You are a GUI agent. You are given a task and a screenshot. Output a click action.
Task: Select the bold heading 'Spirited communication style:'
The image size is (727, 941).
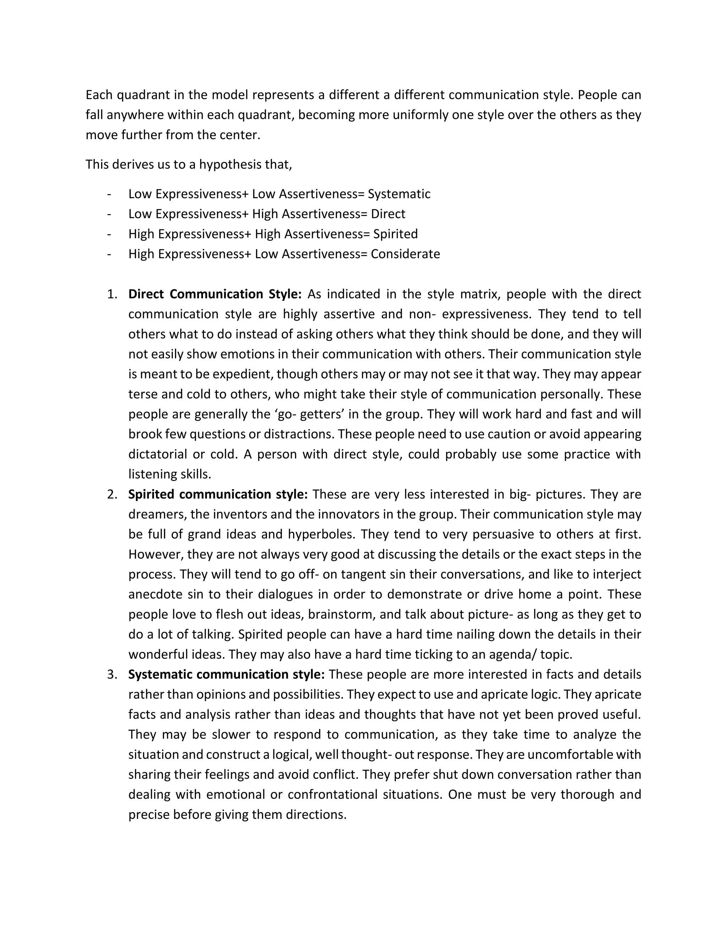tap(218, 494)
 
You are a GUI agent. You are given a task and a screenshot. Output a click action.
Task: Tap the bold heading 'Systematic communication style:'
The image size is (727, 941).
tap(226, 674)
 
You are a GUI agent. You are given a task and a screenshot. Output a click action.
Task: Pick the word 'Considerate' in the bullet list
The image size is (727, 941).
tap(405, 254)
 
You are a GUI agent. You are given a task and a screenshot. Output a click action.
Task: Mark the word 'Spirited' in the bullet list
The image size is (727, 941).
tap(395, 234)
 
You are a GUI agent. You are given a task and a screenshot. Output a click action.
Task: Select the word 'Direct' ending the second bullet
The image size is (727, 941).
tap(388, 214)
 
